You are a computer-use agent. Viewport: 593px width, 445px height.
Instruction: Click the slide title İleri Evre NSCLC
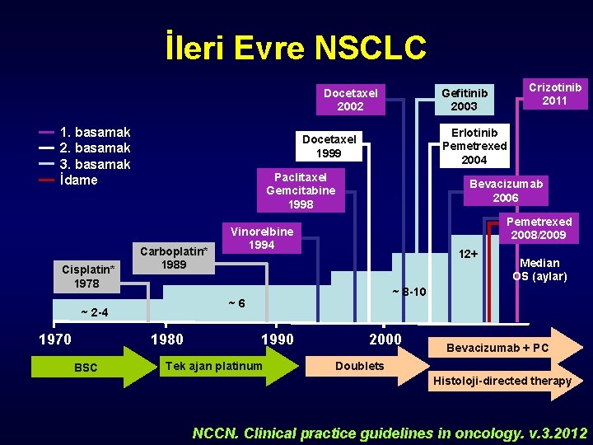pos(296,47)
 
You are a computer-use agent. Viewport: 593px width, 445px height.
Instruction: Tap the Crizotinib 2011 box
pos(554,93)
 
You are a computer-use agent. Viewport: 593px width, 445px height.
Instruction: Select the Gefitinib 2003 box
pos(464,100)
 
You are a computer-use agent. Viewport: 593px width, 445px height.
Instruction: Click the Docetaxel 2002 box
pos(350,100)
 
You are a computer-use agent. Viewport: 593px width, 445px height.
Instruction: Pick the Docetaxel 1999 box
pos(329,146)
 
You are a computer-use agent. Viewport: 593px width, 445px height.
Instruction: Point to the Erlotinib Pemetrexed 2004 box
pos(474,146)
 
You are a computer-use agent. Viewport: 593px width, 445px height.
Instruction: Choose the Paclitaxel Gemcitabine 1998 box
pos(300,190)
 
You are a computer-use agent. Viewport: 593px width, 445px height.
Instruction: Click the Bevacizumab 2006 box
pos(505,191)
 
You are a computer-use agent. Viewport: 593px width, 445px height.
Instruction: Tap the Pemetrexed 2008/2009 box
pos(539,228)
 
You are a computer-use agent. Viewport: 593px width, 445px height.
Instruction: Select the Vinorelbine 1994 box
pos(262,237)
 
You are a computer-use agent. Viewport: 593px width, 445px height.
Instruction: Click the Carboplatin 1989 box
pos(174,257)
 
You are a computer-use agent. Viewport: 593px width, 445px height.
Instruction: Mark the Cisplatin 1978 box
pos(86,276)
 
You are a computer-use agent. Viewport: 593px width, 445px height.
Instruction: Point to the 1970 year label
pos(55,340)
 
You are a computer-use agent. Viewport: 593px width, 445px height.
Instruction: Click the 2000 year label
pos(385,340)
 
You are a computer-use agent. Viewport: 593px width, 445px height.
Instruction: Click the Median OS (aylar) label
pos(539,269)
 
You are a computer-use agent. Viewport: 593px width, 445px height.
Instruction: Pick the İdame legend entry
pos(78,180)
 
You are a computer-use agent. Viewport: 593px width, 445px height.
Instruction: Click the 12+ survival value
pos(468,253)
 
